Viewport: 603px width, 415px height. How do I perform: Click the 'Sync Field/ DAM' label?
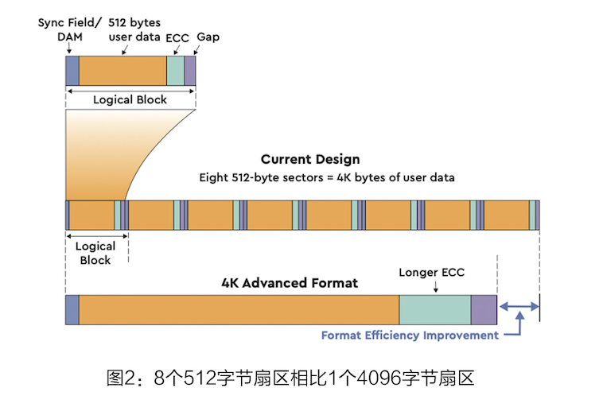[x=69, y=29]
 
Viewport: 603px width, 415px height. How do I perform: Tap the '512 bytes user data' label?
[x=134, y=29]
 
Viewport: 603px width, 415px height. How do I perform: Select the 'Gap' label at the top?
[x=208, y=37]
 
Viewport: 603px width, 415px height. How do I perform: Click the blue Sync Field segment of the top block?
[x=72, y=71]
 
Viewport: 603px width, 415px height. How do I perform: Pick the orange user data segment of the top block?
[x=123, y=71]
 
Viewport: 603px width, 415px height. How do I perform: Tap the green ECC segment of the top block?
[x=175, y=71]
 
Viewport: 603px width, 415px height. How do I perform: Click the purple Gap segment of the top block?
[x=189, y=71]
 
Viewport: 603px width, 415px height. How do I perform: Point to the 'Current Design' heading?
[x=310, y=159]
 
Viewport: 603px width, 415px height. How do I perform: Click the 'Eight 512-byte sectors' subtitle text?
[x=326, y=177]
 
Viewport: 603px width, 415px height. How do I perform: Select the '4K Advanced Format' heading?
[x=290, y=282]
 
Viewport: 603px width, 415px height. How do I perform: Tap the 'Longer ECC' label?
[x=431, y=273]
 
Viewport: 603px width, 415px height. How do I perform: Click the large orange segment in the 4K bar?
[x=239, y=309]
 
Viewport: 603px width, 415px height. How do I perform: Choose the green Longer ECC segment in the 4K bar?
[x=434, y=309]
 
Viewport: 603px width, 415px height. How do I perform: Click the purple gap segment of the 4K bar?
[x=484, y=309]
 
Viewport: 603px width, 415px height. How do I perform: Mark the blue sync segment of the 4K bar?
[x=72, y=309]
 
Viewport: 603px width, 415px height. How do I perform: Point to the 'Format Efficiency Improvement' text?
[x=409, y=335]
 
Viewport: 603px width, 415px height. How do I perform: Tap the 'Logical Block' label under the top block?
[x=130, y=100]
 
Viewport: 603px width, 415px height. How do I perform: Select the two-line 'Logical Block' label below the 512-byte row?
[x=95, y=253]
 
